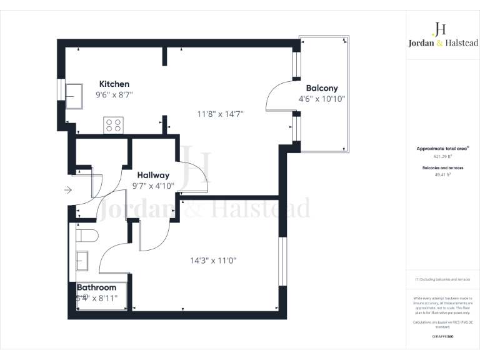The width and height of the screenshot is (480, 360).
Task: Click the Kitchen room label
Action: pos(114,84)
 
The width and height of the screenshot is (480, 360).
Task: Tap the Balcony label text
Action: pos(321,88)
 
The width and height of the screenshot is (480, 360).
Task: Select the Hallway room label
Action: pos(153,175)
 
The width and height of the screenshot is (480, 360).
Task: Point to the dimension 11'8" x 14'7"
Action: pos(220,114)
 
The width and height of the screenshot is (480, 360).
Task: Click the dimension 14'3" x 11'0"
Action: pos(214,260)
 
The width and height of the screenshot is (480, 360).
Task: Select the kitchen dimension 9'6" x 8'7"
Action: pos(114,94)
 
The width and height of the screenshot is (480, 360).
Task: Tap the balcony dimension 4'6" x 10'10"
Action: pos(322,99)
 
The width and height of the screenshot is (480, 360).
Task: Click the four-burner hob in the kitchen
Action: pos(113,125)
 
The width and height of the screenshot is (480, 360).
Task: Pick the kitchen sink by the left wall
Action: pos(76,96)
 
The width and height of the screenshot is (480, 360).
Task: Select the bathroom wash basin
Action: pos(82,260)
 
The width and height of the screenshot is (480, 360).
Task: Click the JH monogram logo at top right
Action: pos(439,29)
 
